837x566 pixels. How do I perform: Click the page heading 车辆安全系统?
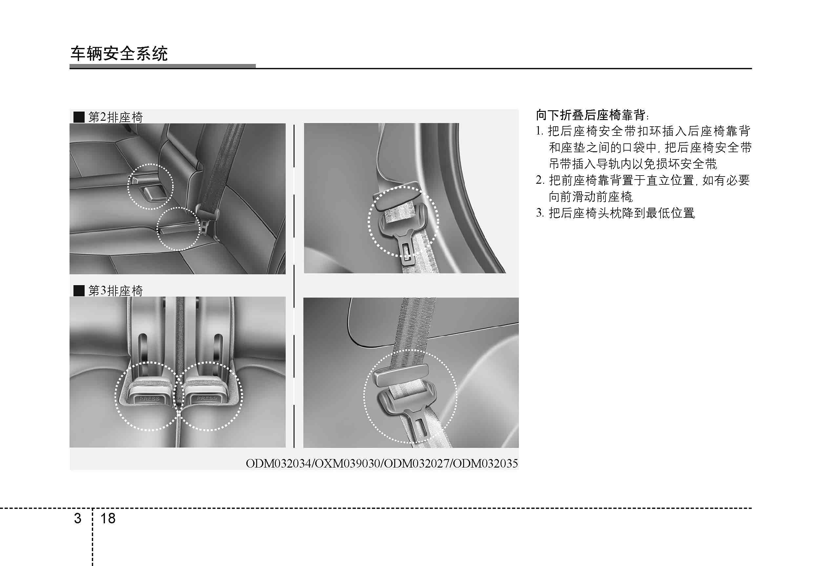click(119, 54)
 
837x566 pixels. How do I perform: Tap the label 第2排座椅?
click(115, 117)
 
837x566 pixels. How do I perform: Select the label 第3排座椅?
click(115, 290)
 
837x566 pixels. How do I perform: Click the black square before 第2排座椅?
click(79, 117)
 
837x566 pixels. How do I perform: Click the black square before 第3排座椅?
click(79, 290)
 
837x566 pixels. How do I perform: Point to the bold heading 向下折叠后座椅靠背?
click(590, 115)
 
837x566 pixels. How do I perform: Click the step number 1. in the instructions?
click(540, 131)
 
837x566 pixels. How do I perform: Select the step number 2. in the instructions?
click(540, 180)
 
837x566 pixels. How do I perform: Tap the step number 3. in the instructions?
click(540, 213)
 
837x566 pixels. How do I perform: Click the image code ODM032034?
click(279, 463)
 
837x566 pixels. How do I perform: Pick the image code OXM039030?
click(348, 463)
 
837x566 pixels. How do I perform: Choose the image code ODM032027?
click(416, 463)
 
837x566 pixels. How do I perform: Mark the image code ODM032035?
click(485, 463)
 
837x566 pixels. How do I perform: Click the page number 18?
click(108, 518)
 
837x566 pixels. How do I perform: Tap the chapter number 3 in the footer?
click(77, 518)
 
